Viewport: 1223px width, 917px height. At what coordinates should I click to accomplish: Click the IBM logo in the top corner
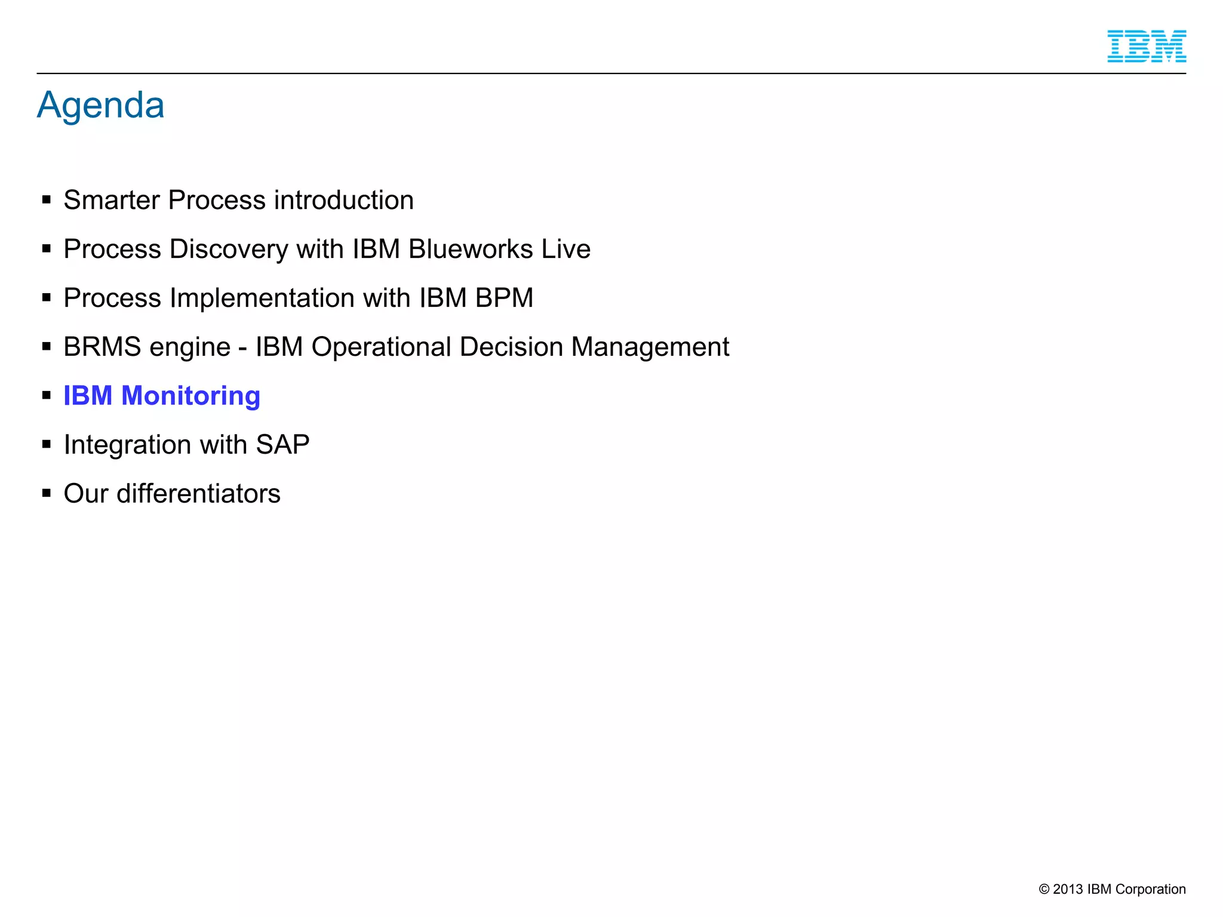coord(1146,46)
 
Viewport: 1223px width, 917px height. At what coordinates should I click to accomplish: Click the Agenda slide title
coord(100,105)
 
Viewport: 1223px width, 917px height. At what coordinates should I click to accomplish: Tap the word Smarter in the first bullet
coord(112,200)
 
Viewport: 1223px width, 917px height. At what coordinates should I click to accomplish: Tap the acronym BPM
coord(504,298)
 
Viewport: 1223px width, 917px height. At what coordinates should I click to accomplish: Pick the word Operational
coord(381,347)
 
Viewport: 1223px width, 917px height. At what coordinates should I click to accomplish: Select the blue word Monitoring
coord(190,396)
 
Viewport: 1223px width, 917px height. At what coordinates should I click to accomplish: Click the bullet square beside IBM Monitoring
coord(47,395)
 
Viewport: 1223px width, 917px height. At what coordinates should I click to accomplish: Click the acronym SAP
coord(282,445)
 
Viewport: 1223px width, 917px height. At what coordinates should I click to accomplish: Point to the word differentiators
coord(198,494)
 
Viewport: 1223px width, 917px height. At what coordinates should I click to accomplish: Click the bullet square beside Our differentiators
coord(47,493)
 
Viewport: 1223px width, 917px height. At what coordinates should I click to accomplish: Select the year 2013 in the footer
coord(1068,889)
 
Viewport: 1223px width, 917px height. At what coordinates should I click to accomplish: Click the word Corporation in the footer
coord(1150,889)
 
